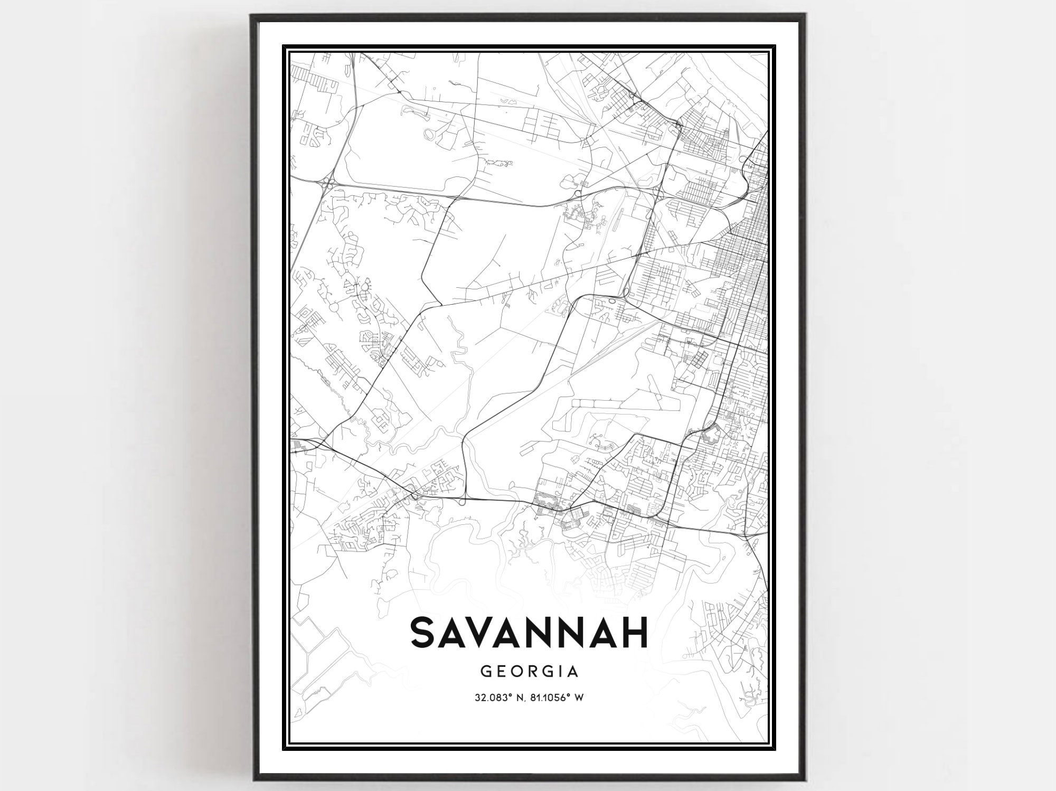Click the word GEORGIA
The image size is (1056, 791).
pos(529,672)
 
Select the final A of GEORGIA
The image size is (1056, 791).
pos(573,672)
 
